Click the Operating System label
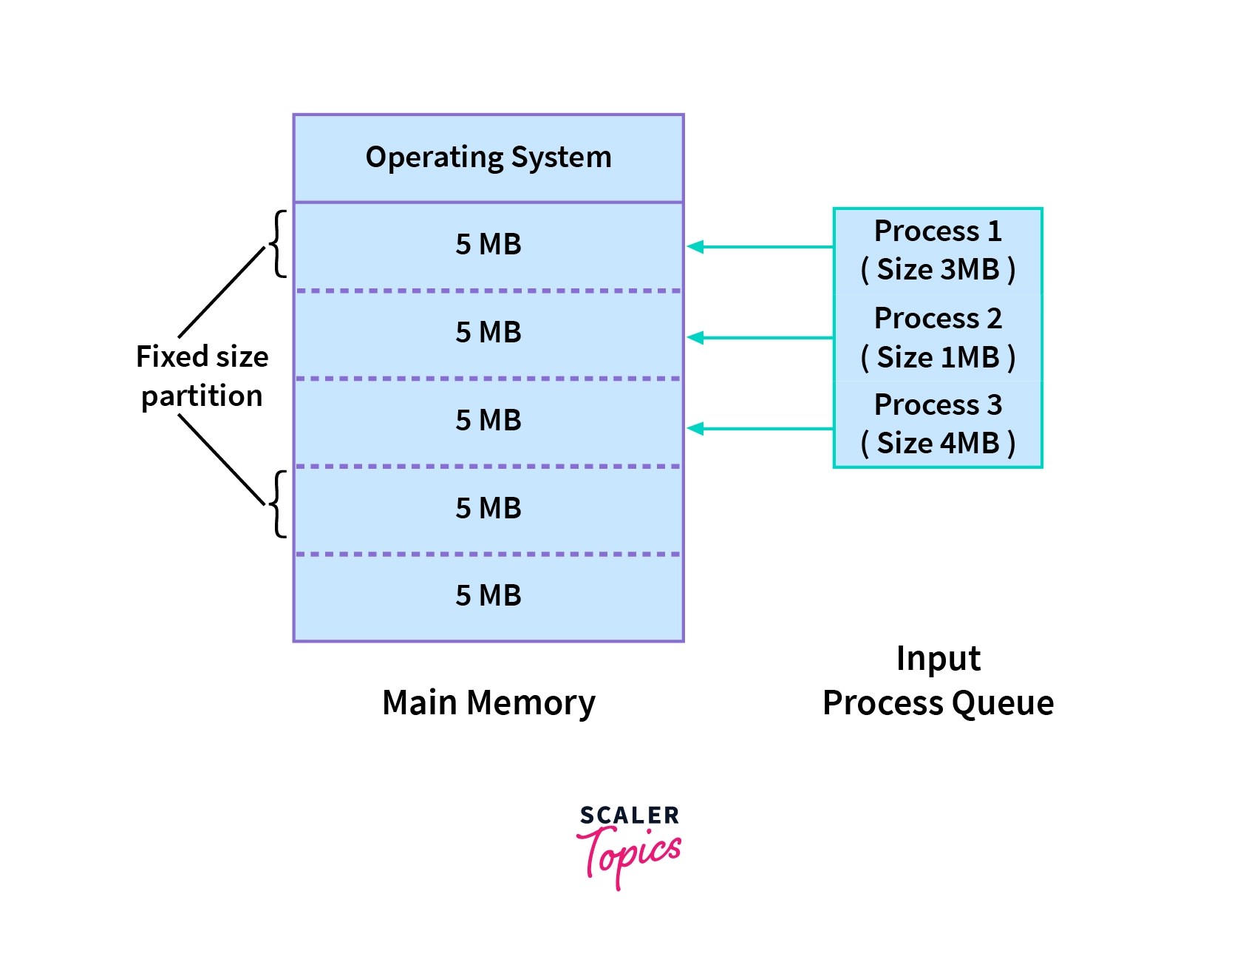(488, 157)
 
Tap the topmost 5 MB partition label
(488, 244)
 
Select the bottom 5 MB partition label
(488, 595)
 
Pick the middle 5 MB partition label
(488, 420)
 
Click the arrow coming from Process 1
(760, 247)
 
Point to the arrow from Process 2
(760, 338)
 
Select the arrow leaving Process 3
(760, 428)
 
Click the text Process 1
(938, 231)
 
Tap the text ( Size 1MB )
(938, 357)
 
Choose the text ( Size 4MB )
(938, 443)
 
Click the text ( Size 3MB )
(938, 269)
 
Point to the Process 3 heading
(938, 404)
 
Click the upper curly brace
(278, 244)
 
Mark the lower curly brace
(278, 504)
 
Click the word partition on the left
(202, 397)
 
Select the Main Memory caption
(488, 703)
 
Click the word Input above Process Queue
(938, 658)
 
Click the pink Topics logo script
(629, 857)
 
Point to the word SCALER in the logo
(629, 816)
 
